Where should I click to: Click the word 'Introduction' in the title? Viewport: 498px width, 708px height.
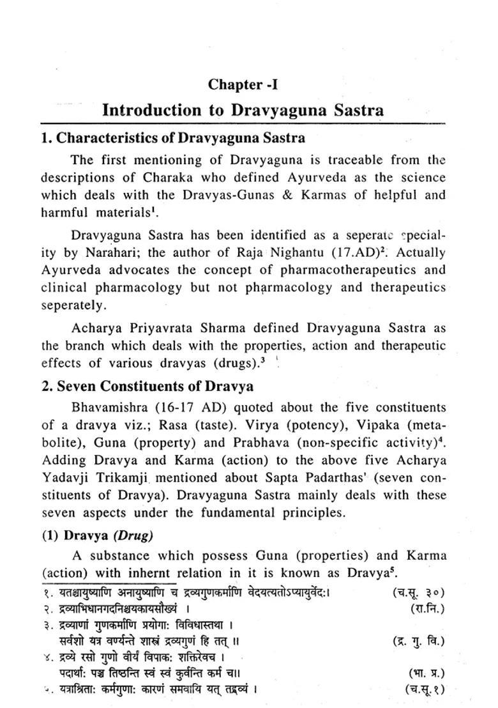click(x=151, y=110)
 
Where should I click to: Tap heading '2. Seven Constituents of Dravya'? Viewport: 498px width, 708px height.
click(x=147, y=387)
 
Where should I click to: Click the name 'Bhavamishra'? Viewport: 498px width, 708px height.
click(x=109, y=408)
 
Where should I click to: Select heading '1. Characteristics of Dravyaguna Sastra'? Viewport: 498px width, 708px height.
click(x=163, y=138)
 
